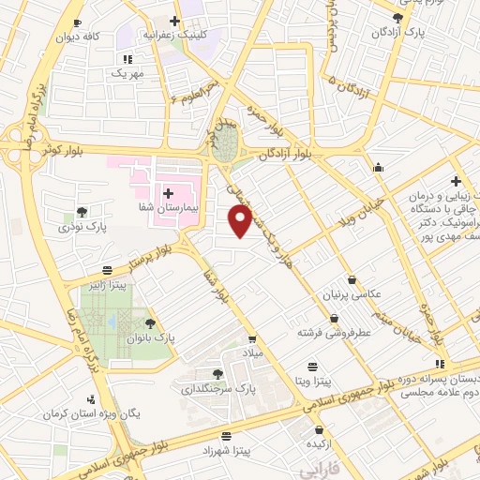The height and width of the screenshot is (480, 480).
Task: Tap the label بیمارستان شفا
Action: tap(169, 187)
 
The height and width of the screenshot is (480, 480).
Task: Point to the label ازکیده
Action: tap(312, 442)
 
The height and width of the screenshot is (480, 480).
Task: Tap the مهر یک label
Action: tap(127, 72)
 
